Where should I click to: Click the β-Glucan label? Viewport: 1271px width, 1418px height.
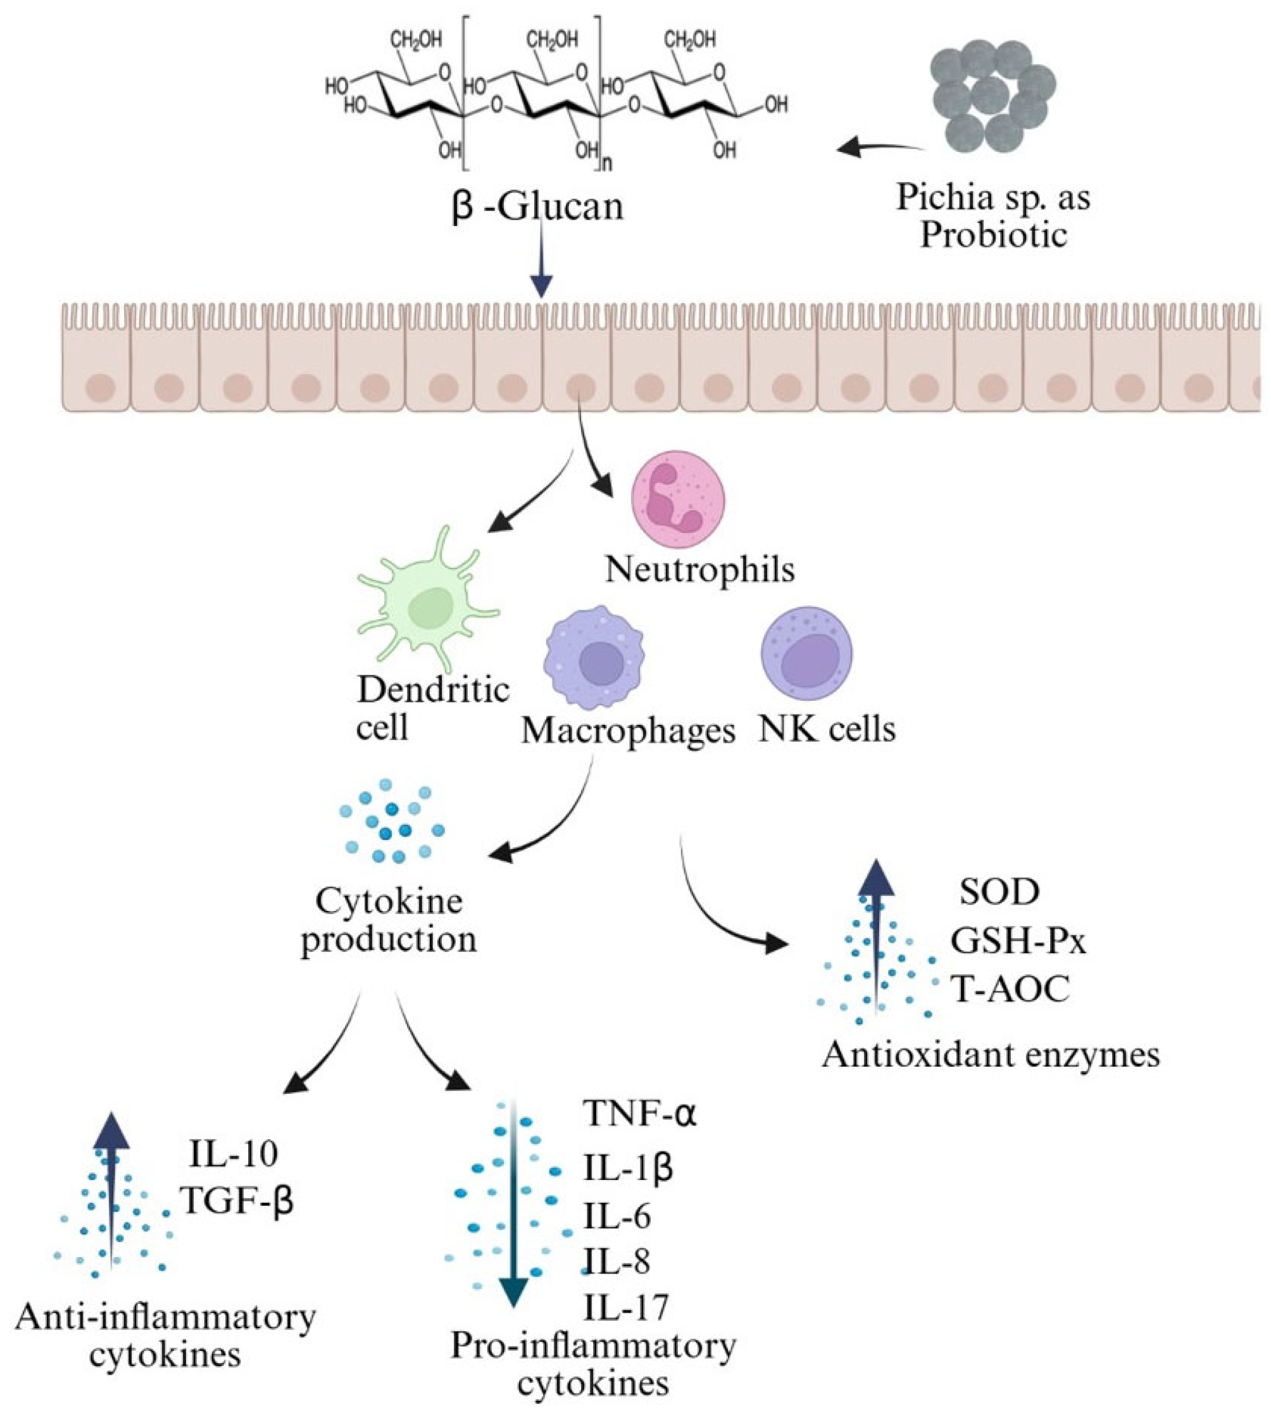point(537,208)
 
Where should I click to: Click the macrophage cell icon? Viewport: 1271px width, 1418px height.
point(594,656)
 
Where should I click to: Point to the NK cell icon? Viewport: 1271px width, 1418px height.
point(806,653)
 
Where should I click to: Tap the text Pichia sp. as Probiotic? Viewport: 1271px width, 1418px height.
point(992,216)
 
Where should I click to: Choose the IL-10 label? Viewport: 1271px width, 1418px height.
point(234,1153)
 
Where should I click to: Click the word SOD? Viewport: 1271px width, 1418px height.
point(999,892)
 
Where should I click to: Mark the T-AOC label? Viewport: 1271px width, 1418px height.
point(1010,989)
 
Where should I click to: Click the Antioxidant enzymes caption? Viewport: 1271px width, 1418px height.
point(990,1054)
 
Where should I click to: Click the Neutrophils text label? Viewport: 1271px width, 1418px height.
point(700,568)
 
